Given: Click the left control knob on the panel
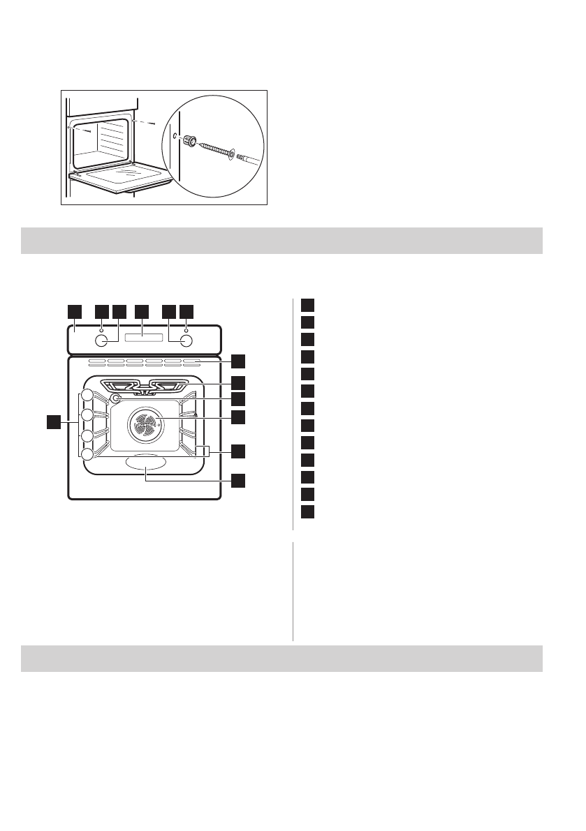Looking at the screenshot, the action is [102, 341].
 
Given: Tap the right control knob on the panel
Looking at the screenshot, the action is [186, 341].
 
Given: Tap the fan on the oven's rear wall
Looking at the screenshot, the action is [145, 424].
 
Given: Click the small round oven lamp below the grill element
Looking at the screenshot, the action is [116, 398].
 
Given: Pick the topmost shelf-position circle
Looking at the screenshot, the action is [87, 396].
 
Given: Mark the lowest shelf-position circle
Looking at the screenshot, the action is [87, 454].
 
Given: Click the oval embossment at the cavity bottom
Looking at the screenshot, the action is [145, 463].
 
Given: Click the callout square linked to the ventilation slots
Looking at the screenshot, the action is [239, 361].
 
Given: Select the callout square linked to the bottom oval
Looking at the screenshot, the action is [239, 480].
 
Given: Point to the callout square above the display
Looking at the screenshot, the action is [142, 310].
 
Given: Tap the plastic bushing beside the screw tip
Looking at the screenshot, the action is [189, 142].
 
